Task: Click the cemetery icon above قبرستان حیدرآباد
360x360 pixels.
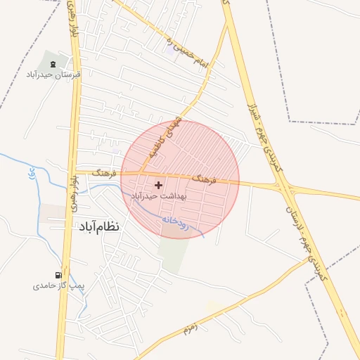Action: (54, 65)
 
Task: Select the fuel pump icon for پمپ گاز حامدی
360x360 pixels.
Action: (58, 275)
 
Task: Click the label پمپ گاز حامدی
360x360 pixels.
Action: (58, 286)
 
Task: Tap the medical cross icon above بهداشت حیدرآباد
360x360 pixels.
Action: (157, 185)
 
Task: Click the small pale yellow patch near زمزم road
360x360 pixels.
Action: (214, 307)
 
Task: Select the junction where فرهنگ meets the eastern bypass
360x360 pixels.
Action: (284, 187)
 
